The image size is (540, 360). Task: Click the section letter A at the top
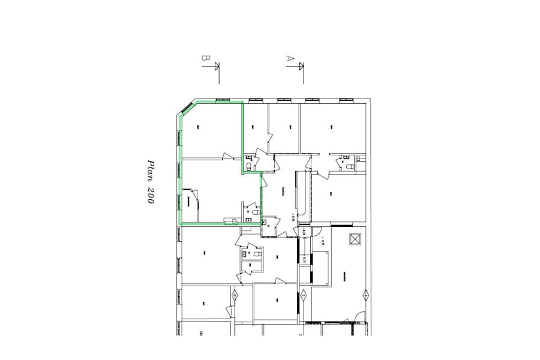tap(289, 59)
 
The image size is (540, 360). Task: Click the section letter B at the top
tap(205, 59)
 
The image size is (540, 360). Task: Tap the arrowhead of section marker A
tap(302, 65)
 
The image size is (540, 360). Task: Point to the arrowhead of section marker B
tap(217, 65)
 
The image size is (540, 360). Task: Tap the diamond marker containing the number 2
tap(304, 295)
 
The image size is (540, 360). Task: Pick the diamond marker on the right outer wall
tap(365, 295)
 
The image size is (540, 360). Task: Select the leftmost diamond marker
tap(235, 295)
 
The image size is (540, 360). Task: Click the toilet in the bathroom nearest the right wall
tap(347, 163)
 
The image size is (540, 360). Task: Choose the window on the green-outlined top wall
tap(222, 100)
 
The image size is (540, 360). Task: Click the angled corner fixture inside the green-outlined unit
tap(190, 198)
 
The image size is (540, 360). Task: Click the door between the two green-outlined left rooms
tap(227, 157)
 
